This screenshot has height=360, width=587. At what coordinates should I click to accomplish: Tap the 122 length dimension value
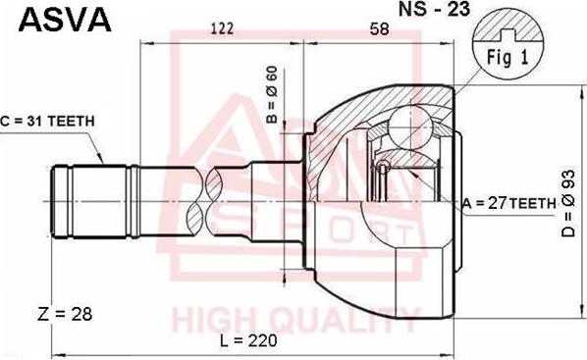223,30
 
